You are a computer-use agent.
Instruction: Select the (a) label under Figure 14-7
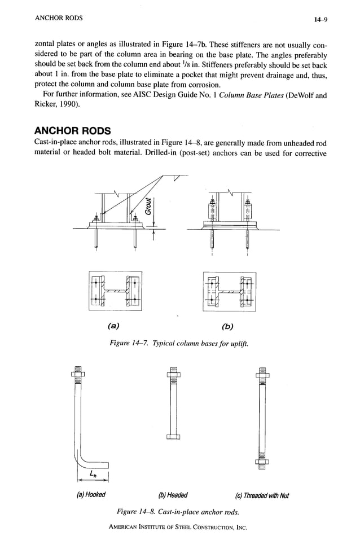(113, 326)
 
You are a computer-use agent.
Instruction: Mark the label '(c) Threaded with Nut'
(262, 496)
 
